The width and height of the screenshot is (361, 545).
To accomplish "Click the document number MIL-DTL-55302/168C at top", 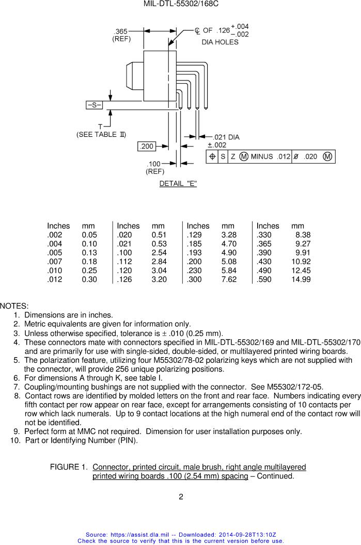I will click(x=181, y=4).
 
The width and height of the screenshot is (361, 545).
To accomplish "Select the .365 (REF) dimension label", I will click(x=121, y=35).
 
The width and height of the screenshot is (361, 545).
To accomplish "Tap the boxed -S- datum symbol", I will click(x=94, y=105).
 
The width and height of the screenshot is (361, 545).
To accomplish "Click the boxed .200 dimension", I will click(x=147, y=147).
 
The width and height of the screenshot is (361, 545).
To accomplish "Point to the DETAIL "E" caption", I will click(x=178, y=184).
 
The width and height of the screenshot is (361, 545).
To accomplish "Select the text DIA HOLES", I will click(x=220, y=42).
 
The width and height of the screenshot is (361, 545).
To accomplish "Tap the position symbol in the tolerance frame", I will click(x=212, y=157).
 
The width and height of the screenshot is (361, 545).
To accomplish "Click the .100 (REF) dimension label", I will click(x=154, y=167).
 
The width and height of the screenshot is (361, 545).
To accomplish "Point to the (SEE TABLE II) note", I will click(x=101, y=134).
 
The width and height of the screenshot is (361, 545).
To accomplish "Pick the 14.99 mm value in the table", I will click(x=301, y=279).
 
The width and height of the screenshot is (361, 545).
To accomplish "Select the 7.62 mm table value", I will click(x=229, y=279).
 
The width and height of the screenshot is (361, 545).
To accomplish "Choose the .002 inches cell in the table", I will click(x=54, y=235).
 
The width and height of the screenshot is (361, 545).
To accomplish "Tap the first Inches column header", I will click(x=58, y=226).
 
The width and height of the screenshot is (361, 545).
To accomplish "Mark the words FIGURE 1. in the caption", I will click(x=69, y=467).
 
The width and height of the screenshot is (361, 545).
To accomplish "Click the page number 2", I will click(x=181, y=497).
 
